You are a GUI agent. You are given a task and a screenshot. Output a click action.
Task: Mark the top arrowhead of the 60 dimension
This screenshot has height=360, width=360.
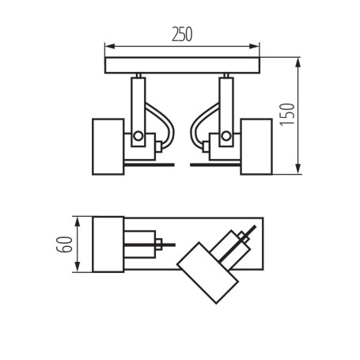coord(76,219)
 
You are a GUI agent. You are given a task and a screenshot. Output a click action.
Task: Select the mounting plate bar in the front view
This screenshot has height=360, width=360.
coord(182,63)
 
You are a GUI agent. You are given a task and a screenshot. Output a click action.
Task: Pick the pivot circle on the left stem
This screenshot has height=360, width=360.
coord(138,136)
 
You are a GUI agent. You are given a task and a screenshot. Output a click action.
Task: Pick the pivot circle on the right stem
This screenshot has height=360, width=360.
coord(226,136)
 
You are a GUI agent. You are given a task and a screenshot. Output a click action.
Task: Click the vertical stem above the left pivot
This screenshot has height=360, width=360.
coord(138,99)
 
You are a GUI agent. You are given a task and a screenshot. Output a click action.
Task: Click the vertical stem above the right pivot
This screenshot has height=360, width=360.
coord(226,99)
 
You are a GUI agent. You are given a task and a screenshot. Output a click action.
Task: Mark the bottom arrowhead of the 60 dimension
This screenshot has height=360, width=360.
coord(76,268)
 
